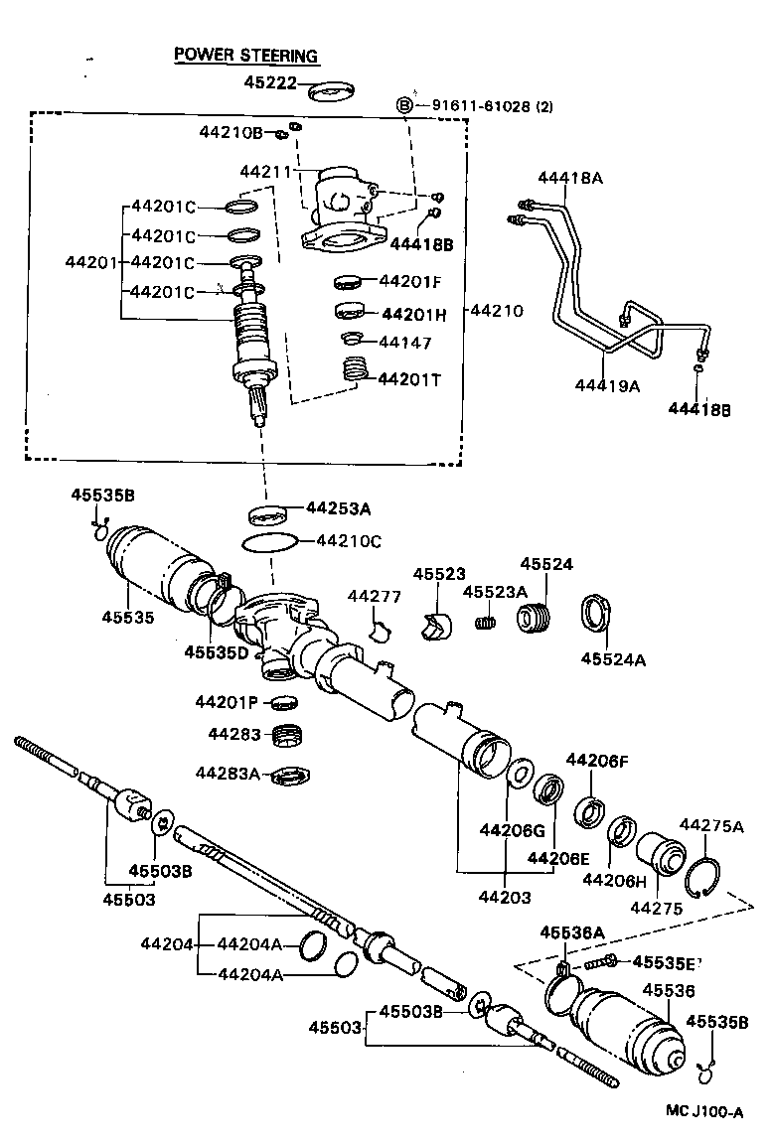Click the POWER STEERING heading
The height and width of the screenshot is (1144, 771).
click(245, 56)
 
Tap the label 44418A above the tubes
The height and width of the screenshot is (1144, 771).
click(570, 179)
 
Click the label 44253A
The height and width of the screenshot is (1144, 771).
click(338, 508)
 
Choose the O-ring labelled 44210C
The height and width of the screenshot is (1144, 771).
click(269, 542)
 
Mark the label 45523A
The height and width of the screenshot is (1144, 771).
click(495, 592)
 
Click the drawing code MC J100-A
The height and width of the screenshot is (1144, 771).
click(704, 1112)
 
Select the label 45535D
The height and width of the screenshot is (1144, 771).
click(216, 652)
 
